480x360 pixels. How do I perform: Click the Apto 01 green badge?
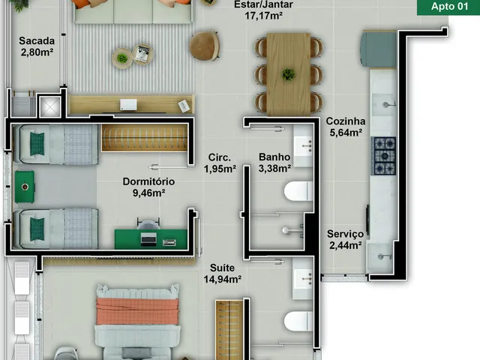[x=448, y=7]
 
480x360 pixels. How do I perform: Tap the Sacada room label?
[x=37, y=46]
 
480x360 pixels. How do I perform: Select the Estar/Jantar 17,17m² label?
[x=263, y=10]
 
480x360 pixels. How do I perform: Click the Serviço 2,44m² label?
[x=345, y=239]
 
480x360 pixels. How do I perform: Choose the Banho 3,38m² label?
[x=274, y=163]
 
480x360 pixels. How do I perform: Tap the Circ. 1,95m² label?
[x=220, y=163]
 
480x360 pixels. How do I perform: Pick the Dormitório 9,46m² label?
[x=148, y=187]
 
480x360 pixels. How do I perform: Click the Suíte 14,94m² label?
[x=223, y=273]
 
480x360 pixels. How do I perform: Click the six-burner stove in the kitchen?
[x=383, y=156]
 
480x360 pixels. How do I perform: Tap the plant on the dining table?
[x=288, y=74]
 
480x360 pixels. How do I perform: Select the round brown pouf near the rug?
[x=204, y=45]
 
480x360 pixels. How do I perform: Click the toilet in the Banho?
[x=298, y=191]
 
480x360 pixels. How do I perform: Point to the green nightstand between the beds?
[x=25, y=187]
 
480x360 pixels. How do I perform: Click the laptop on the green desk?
[x=148, y=239]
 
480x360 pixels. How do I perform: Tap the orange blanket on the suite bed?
[x=137, y=311]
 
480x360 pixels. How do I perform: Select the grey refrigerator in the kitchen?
[x=378, y=49]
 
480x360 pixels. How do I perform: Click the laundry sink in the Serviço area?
[x=380, y=257]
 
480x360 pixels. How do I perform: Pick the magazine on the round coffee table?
[x=142, y=54]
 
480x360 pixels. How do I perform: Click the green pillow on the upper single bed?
[x=37, y=143]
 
